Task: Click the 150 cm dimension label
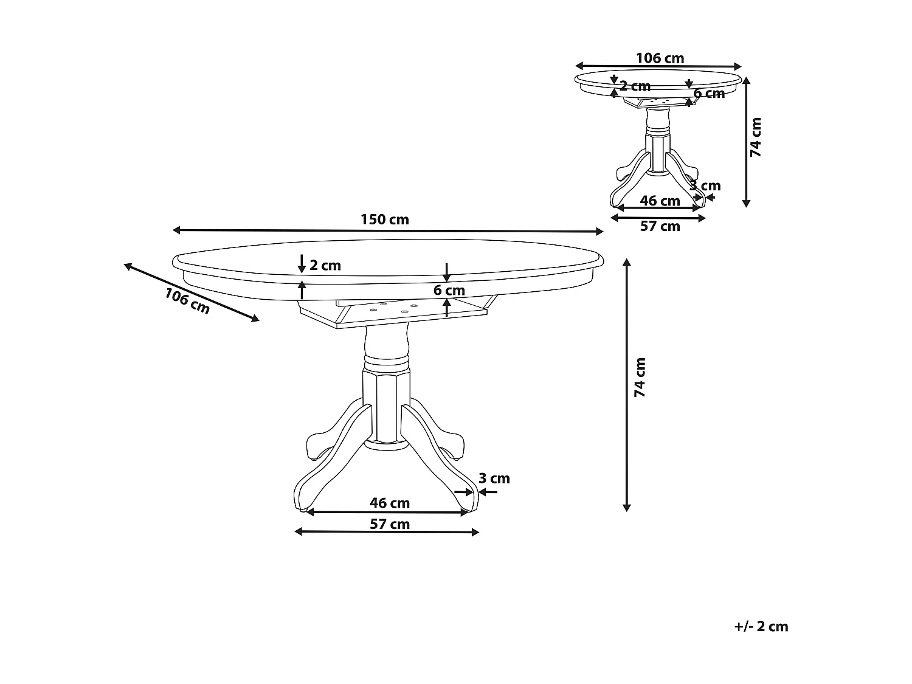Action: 385,219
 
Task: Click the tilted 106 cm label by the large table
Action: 187,301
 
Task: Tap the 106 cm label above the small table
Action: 660,58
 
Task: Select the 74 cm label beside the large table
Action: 640,378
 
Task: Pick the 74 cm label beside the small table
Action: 756,137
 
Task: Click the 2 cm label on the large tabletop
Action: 325,265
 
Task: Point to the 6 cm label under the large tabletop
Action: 449,290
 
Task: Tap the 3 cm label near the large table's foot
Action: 494,478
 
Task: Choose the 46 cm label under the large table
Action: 390,503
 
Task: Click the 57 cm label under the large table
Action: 390,524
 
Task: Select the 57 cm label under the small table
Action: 660,227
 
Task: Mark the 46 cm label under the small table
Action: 660,201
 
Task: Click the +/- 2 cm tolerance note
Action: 761,627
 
